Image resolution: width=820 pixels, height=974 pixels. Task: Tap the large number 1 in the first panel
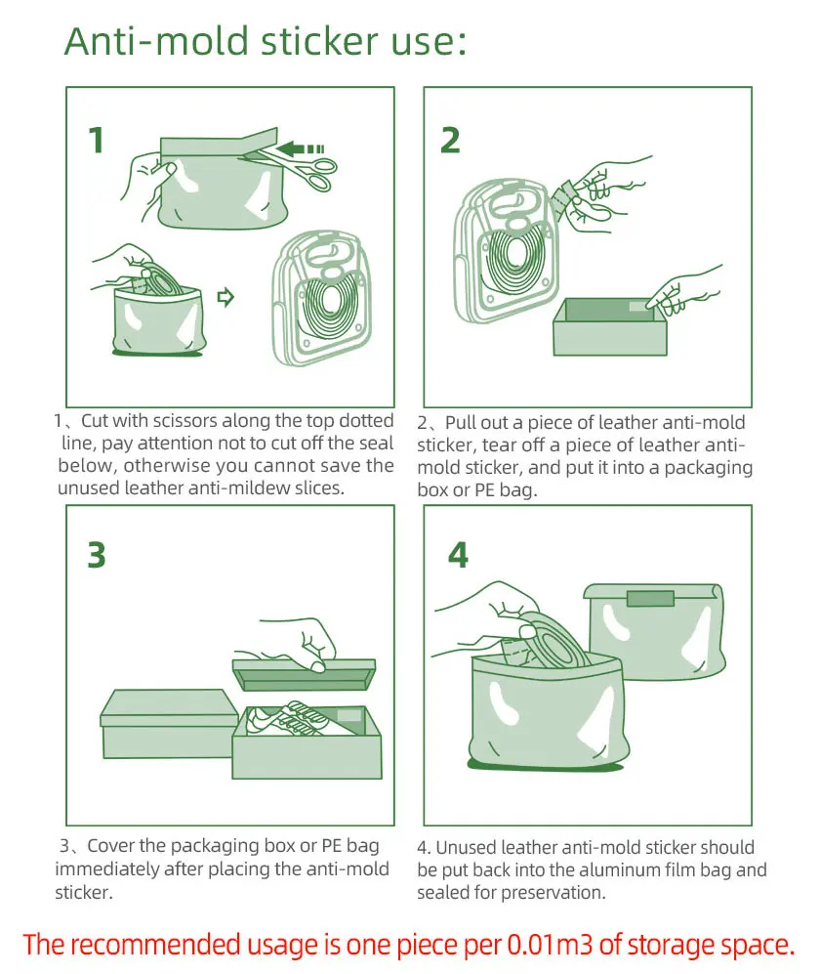pyautogui.click(x=96, y=141)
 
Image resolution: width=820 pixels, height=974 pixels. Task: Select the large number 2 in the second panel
pyautogui.click(x=450, y=141)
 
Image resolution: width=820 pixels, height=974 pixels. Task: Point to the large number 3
pyautogui.click(x=96, y=554)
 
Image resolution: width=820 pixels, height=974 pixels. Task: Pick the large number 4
pyautogui.click(x=457, y=554)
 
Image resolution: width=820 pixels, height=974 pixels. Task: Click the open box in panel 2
pyautogui.click(x=611, y=329)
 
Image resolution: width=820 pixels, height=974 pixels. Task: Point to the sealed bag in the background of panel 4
pyautogui.click(x=654, y=630)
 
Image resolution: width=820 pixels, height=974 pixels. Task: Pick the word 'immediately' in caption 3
pyautogui.click(x=109, y=869)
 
